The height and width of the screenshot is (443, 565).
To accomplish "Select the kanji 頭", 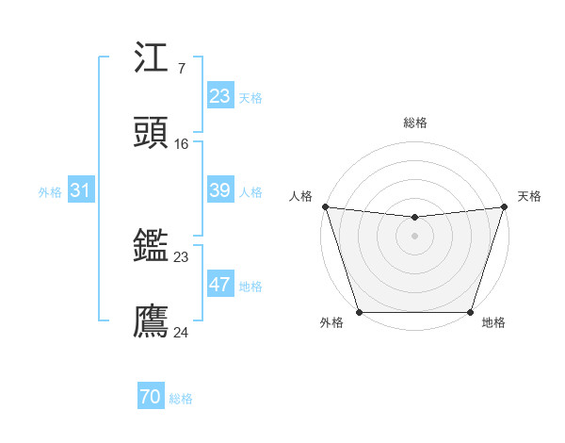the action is click(152, 133).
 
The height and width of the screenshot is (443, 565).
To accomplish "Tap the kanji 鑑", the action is click(152, 247).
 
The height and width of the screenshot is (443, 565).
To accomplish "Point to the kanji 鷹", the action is click(152, 321).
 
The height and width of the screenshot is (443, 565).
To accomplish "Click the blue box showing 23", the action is click(220, 96).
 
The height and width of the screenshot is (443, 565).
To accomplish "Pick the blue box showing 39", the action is click(220, 190).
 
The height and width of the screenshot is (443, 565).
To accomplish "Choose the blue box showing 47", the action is click(220, 285).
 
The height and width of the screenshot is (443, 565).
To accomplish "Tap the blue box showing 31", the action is click(81, 190).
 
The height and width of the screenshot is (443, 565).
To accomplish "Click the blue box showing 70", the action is click(151, 398).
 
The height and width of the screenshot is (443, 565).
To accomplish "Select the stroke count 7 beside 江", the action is click(181, 68).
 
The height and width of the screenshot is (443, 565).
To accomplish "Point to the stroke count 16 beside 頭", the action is click(182, 143).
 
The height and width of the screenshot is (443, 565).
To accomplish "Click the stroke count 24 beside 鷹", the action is click(182, 332).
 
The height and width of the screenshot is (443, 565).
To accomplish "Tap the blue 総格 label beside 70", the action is click(181, 399).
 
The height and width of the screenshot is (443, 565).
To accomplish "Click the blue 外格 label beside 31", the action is click(50, 191).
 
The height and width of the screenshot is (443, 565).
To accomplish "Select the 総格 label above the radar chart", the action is click(415, 123).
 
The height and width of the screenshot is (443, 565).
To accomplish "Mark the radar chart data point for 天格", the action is click(505, 206).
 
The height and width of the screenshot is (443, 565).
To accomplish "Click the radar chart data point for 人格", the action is click(325, 206).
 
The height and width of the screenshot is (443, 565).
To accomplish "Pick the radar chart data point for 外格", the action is click(359, 312).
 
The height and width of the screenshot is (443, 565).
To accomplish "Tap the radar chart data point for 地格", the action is click(471, 312).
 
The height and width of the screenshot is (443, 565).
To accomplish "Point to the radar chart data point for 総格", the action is click(415, 218).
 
